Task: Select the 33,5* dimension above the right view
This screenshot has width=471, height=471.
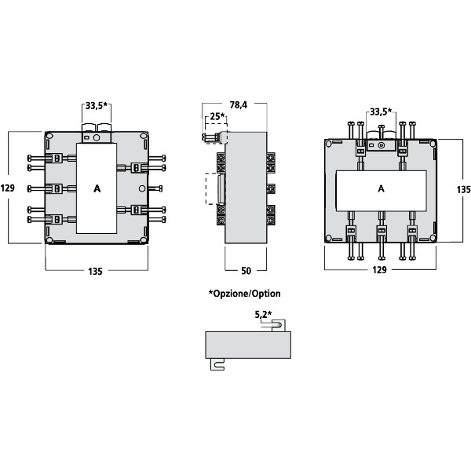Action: point(382,111)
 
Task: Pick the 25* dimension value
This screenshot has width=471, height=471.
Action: point(216,118)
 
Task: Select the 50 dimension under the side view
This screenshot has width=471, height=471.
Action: point(246,271)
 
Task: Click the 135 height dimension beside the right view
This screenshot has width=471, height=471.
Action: point(463,189)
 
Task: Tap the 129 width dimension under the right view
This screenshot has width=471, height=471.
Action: point(380,271)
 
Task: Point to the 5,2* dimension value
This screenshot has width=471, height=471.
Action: point(263,315)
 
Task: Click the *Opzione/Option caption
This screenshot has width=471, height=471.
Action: point(244,294)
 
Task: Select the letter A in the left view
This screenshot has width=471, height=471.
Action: point(97,188)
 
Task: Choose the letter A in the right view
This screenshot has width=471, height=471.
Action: point(381,189)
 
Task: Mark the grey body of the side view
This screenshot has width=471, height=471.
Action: point(246,188)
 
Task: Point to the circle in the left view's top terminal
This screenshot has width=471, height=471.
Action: point(97,138)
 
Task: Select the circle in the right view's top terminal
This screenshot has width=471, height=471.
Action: point(382,144)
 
